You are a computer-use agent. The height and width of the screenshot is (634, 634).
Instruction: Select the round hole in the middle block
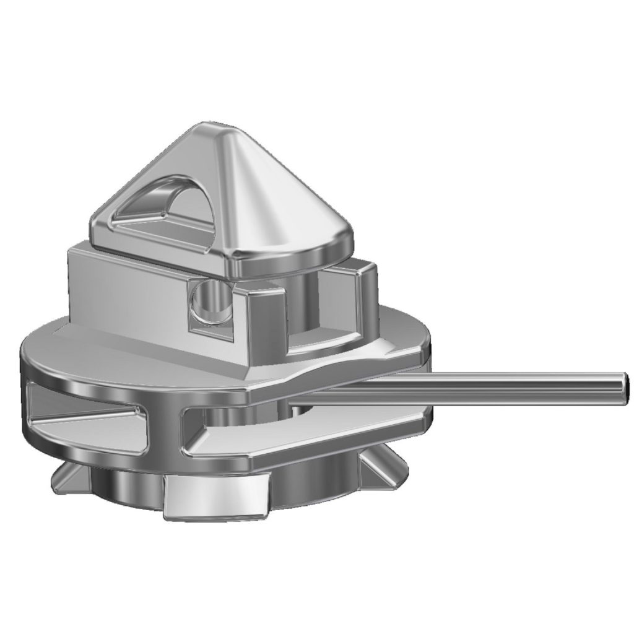[207, 301]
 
